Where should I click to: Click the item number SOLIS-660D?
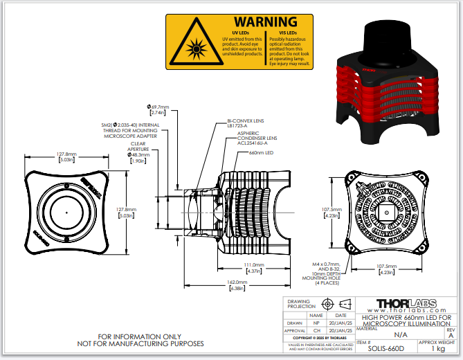coord(382,349)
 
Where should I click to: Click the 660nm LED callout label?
coord(262,152)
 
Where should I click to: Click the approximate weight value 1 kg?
coord(438,349)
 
